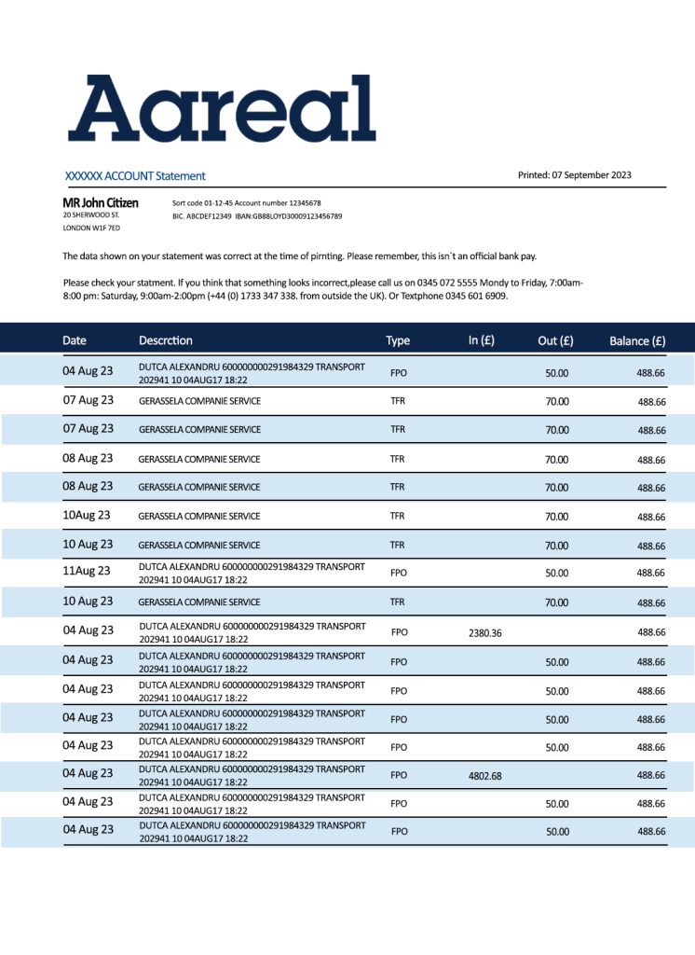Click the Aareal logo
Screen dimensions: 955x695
pyautogui.click(x=222, y=109)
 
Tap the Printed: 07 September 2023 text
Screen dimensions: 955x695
pyautogui.click(x=574, y=175)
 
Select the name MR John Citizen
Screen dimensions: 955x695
pyautogui.click(x=101, y=202)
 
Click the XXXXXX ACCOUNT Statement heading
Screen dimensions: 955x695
pyautogui.click(x=135, y=176)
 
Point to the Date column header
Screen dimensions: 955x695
pyautogui.click(x=75, y=340)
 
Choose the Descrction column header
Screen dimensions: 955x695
pyautogui.click(x=166, y=340)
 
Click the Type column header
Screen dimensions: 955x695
pyautogui.click(x=398, y=340)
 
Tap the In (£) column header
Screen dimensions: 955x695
pyautogui.click(x=481, y=340)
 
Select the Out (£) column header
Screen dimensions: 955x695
pyautogui.click(x=555, y=340)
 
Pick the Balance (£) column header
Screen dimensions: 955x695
pyautogui.click(x=637, y=340)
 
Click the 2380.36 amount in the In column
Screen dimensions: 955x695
pyautogui.click(x=484, y=632)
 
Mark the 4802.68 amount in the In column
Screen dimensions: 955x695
pyautogui.click(x=484, y=775)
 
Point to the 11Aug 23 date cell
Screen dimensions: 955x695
pyautogui.click(x=87, y=572)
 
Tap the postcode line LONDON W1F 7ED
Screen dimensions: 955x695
pyautogui.click(x=90, y=228)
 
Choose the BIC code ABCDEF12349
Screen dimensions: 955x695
pyautogui.click(x=209, y=216)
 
